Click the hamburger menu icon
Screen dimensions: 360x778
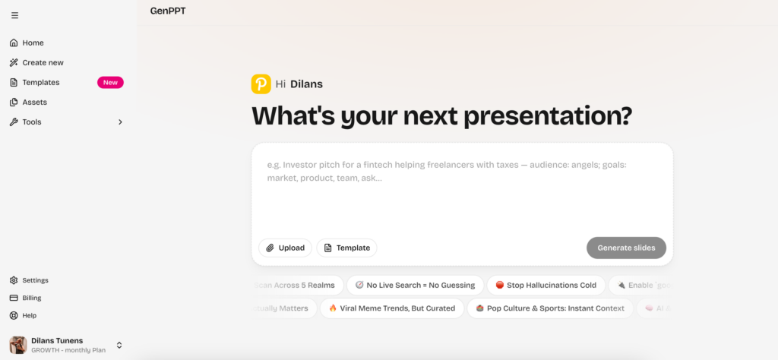(x=14, y=15)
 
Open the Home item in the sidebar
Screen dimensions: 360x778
(x=33, y=43)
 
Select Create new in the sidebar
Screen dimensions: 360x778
(x=43, y=62)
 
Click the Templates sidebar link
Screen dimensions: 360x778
(x=40, y=82)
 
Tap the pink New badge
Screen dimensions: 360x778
(x=110, y=82)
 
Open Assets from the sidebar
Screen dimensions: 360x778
(x=34, y=102)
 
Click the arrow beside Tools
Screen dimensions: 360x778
(x=120, y=122)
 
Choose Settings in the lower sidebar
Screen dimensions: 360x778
(x=35, y=280)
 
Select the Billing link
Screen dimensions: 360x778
(x=32, y=298)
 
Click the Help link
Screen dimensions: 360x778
(x=29, y=315)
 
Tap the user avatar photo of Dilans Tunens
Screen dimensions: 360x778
(x=18, y=345)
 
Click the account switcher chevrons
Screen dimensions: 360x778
(x=119, y=345)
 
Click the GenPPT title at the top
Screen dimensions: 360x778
(x=168, y=11)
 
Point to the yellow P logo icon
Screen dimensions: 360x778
(x=261, y=84)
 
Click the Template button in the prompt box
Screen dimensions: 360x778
(x=346, y=248)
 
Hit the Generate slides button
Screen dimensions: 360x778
(x=626, y=248)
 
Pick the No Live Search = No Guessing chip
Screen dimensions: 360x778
(x=415, y=285)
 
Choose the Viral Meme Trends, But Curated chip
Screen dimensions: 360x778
(x=392, y=308)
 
